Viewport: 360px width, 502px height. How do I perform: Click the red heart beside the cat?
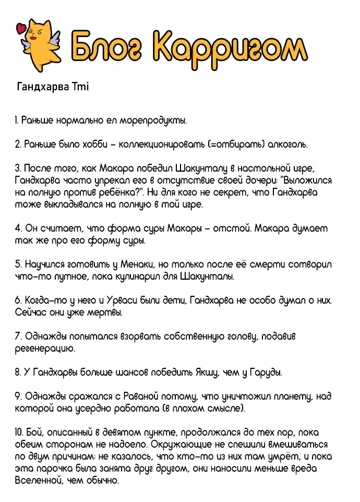pos(21,28)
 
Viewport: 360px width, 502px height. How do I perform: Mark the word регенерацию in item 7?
pos(45,348)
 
